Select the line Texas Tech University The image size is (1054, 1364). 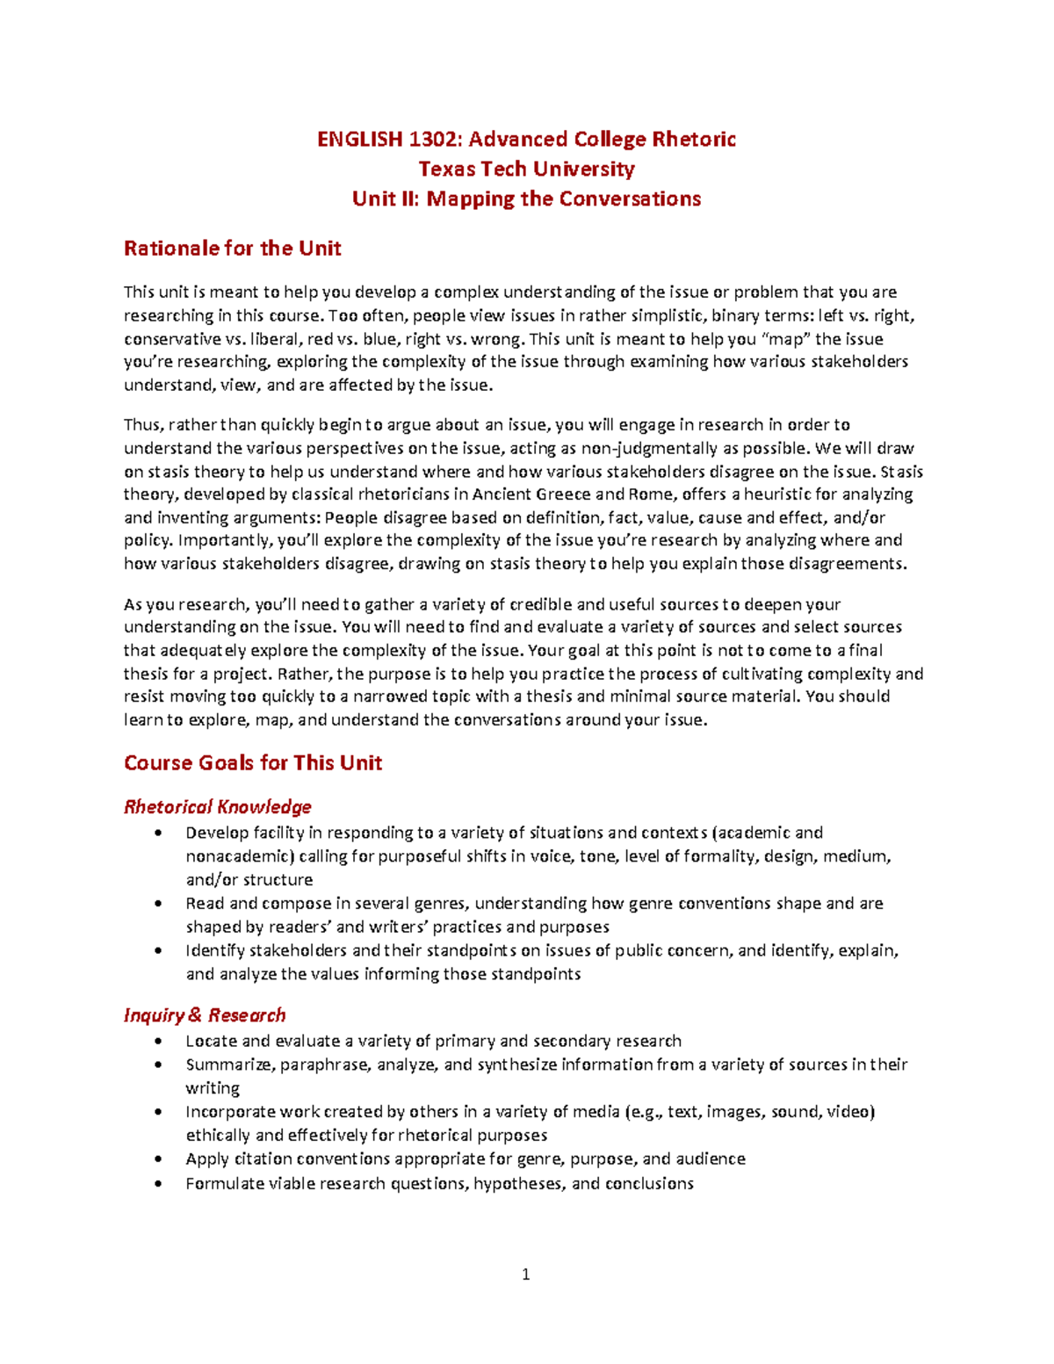pos(526,169)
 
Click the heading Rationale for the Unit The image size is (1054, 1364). pos(232,249)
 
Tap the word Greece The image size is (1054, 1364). pos(562,494)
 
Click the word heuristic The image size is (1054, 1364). pos(776,494)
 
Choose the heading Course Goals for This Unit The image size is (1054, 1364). pos(253,763)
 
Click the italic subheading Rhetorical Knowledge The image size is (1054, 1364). pos(218,807)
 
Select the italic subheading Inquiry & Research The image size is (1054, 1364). pos(205,1015)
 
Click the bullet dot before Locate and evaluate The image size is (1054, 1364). pos(158,1042)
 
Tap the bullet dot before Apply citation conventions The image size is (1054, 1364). pos(158,1159)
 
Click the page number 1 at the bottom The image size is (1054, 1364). pos(526,1275)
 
